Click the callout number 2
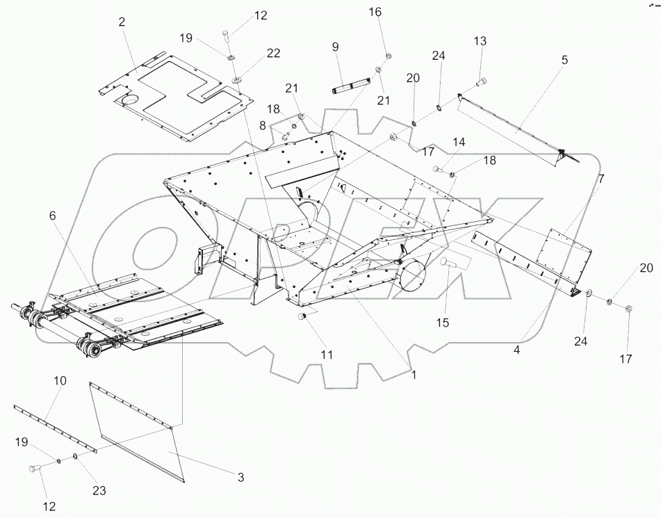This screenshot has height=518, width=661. tap(122, 22)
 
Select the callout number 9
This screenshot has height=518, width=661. tap(335, 47)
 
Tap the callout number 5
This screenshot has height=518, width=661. tap(564, 60)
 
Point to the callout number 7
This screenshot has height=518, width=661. tap(601, 179)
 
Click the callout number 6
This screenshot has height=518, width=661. tap(52, 216)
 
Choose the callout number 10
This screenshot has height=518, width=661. tap(60, 381)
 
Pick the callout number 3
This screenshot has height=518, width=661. tap(240, 477)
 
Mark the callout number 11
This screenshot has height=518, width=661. tap(327, 355)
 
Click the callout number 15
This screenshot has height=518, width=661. tap(443, 323)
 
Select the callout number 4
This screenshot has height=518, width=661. tap(516, 351)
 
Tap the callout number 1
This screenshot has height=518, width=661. tap(414, 374)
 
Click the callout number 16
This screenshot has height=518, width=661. tap(375, 12)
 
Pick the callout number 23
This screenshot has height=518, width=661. tap(99, 490)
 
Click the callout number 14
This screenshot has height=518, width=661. tap(458, 142)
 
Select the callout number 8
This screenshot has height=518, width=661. tap(263, 124)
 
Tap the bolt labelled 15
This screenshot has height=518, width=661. tap(448, 262)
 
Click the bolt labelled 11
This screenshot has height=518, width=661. tap(302, 317)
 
